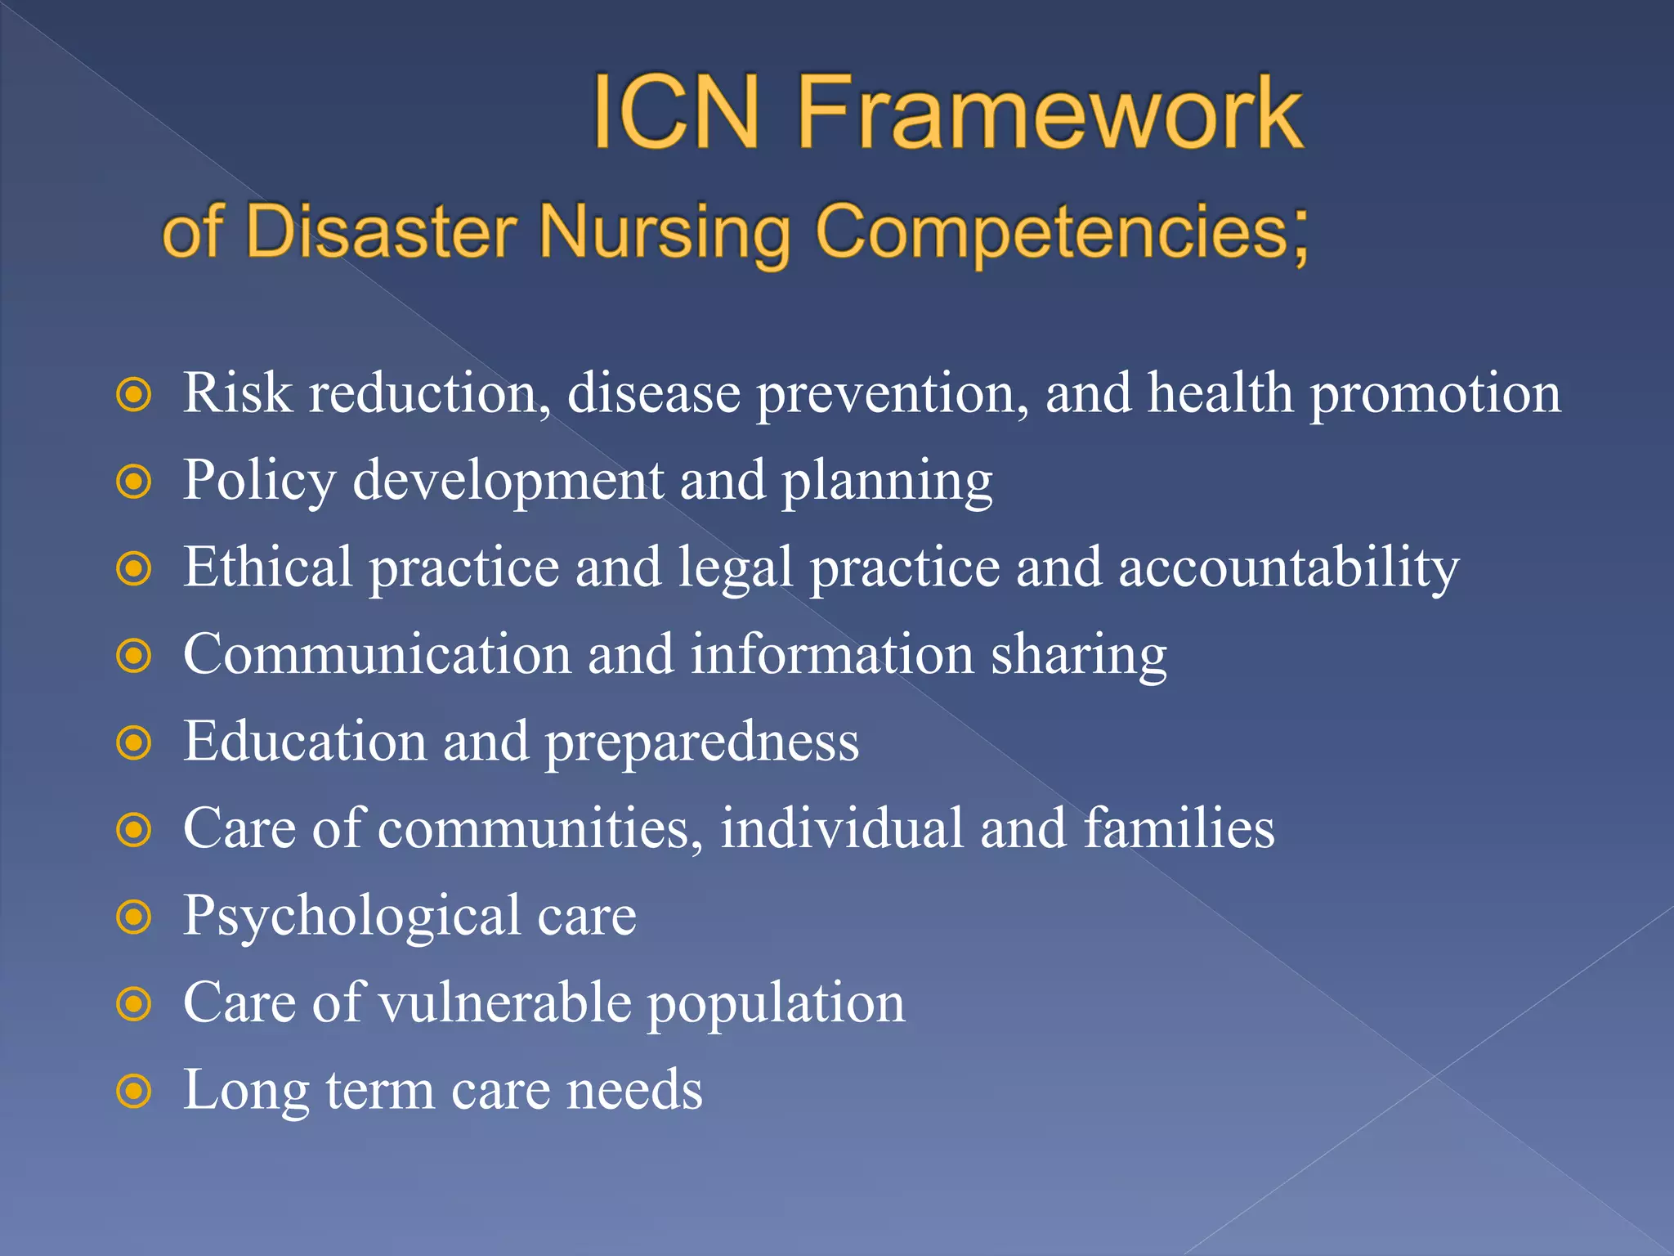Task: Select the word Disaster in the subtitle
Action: [x=381, y=231]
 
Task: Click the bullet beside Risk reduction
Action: [x=134, y=395]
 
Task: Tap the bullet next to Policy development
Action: [x=134, y=482]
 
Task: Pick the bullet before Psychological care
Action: [x=134, y=917]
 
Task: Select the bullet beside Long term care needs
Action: [x=134, y=1092]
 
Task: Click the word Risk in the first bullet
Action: [x=237, y=393]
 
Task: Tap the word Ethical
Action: [x=268, y=567]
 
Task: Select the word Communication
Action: [x=377, y=654]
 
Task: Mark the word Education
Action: [x=304, y=741]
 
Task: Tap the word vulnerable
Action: [x=505, y=1003]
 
